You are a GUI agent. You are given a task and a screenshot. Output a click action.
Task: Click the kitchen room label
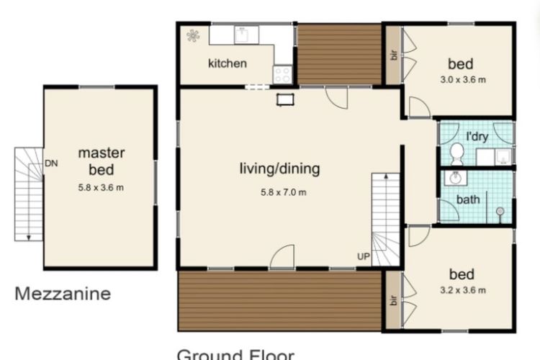[x=227, y=63]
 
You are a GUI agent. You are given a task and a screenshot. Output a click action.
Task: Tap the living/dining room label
[x=279, y=169]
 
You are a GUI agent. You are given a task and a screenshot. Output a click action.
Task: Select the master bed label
[x=102, y=161]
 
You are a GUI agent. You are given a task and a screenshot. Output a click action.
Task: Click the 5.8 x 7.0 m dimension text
[x=283, y=192]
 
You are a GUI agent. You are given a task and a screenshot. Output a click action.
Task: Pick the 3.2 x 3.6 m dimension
[x=462, y=291]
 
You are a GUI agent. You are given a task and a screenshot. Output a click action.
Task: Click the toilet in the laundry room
[x=456, y=153]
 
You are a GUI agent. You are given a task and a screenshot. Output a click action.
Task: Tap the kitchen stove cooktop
[x=282, y=73]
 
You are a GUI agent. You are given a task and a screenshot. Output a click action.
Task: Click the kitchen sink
[x=242, y=33]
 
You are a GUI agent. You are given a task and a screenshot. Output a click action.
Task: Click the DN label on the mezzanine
[x=50, y=163]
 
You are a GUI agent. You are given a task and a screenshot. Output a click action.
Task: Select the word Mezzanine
[x=63, y=293]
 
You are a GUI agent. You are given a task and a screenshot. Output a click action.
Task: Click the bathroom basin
[x=454, y=177]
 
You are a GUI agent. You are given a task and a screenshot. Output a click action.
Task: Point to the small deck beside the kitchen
[x=339, y=54]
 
